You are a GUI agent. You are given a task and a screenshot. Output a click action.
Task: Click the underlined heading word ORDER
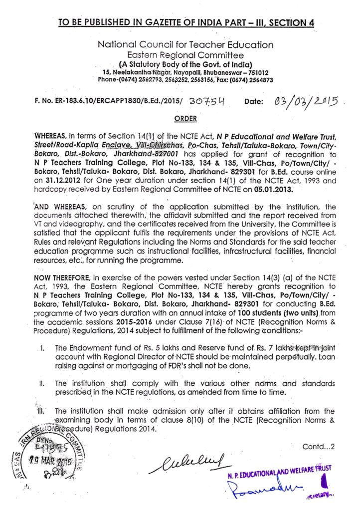pos(185,119)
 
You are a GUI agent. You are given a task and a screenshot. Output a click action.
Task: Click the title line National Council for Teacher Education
pos(185,45)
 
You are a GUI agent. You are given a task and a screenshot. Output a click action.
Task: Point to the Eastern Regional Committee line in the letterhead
pos(185,55)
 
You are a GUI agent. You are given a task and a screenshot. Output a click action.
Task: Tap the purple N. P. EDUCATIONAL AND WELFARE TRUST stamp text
pos(277,471)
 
